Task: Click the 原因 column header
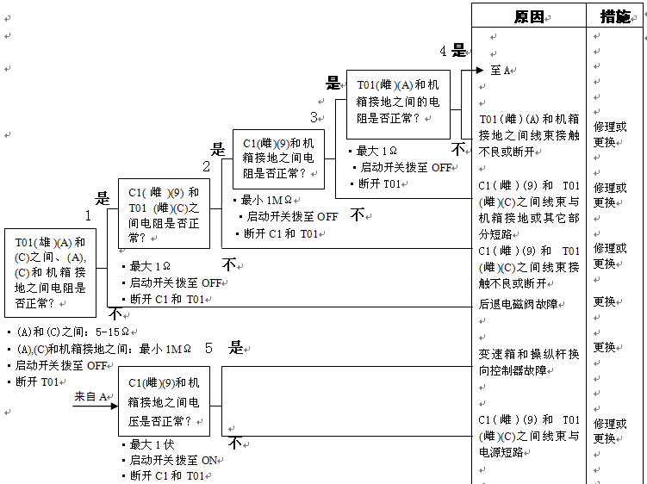[528, 16]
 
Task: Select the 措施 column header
[614, 16]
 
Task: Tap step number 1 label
[88, 215]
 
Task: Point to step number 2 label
[206, 166]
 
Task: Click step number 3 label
[314, 118]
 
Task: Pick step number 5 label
[208, 349]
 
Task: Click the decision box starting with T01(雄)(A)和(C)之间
[50, 272]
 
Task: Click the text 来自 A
[90, 397]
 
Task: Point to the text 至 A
[501, 70]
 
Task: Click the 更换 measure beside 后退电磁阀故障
[604, 302]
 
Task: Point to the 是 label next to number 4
[459, 51]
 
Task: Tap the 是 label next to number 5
[236, 349]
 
